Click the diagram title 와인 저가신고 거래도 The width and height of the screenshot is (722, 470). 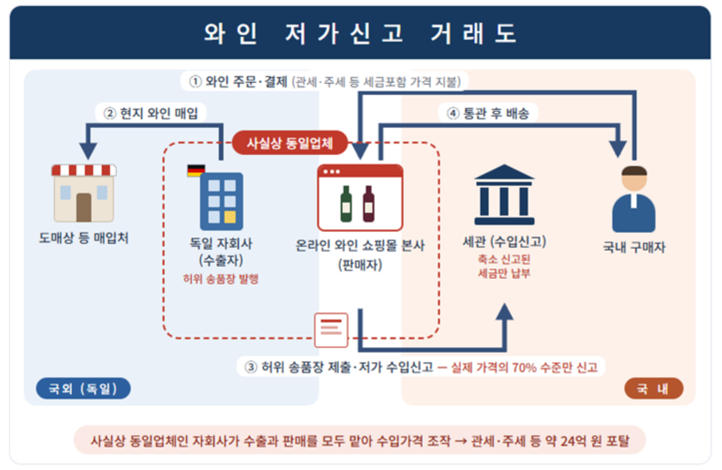coord(360,33)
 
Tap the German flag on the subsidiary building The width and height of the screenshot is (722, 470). coord(196,170)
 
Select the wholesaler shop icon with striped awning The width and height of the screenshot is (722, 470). coord(84,193)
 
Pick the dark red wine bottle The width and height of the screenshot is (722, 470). coord(368,204)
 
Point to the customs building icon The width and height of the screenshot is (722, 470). coord(504,194)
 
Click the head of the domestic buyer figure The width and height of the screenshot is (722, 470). coord(634,178)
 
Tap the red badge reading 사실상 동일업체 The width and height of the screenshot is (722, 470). coord(290,143)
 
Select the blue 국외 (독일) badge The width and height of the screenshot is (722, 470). coord(83,389)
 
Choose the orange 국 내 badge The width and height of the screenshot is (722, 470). coord(653,389)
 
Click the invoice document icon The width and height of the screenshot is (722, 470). coord(331,330)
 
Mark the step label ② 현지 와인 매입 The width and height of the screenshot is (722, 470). coord(151,113)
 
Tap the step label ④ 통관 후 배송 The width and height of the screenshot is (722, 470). coord(488,113)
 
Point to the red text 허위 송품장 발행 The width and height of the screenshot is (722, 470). coord(220,278)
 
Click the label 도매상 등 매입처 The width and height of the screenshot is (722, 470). coord(83,238)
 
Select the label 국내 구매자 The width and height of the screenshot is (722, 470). coord(634,247)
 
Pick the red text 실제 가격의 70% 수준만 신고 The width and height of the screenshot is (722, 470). coord(524,367)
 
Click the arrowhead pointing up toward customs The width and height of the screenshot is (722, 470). coord(505,312)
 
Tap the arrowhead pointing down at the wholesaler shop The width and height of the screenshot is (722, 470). coord(88,151)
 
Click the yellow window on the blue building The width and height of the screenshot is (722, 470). coord(230,217)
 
